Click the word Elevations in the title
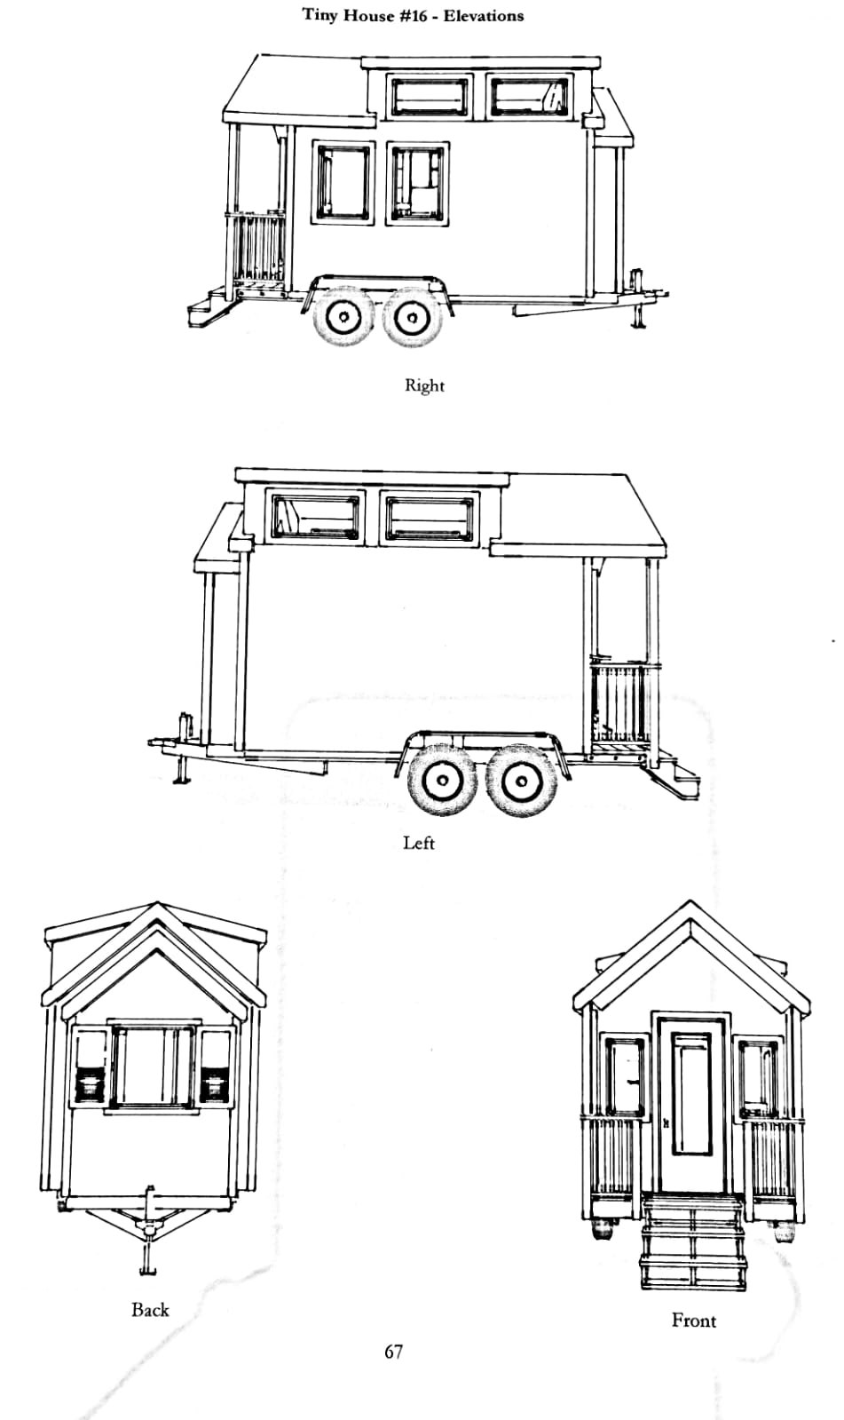pos(484,16)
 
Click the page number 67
pos(393,1353)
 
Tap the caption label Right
pos(424,385)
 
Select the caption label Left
pos(419,843)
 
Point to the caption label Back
pos(150,1310)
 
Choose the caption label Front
pos(694,1321)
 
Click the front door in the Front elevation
pos(690,1104)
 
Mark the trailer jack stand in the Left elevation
pos(183,748)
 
